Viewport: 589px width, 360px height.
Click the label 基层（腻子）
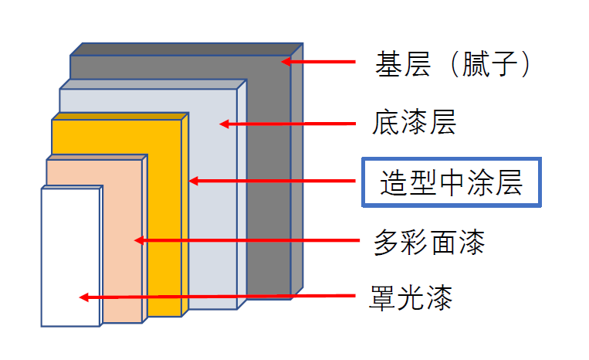click(452, 64)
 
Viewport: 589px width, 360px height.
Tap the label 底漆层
click(414, 122)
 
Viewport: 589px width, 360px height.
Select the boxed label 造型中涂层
click(451, 182)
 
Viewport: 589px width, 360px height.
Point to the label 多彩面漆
click(429, 243)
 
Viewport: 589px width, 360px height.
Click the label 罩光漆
click(411, 297)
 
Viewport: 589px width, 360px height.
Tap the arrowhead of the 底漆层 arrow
click(225, 124)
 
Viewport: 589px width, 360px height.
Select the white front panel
click(70, 257)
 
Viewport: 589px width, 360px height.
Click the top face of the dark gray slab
click(187, 49)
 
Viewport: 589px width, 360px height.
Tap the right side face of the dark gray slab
click(296, 171)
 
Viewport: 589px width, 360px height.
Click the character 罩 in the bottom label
click(383, 298)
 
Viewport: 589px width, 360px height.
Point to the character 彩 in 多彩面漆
click(415, 243)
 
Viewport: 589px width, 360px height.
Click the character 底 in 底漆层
click(385, 122)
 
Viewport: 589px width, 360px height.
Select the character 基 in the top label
click(388, 64)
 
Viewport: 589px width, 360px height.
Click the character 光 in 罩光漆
click(411, 298)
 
